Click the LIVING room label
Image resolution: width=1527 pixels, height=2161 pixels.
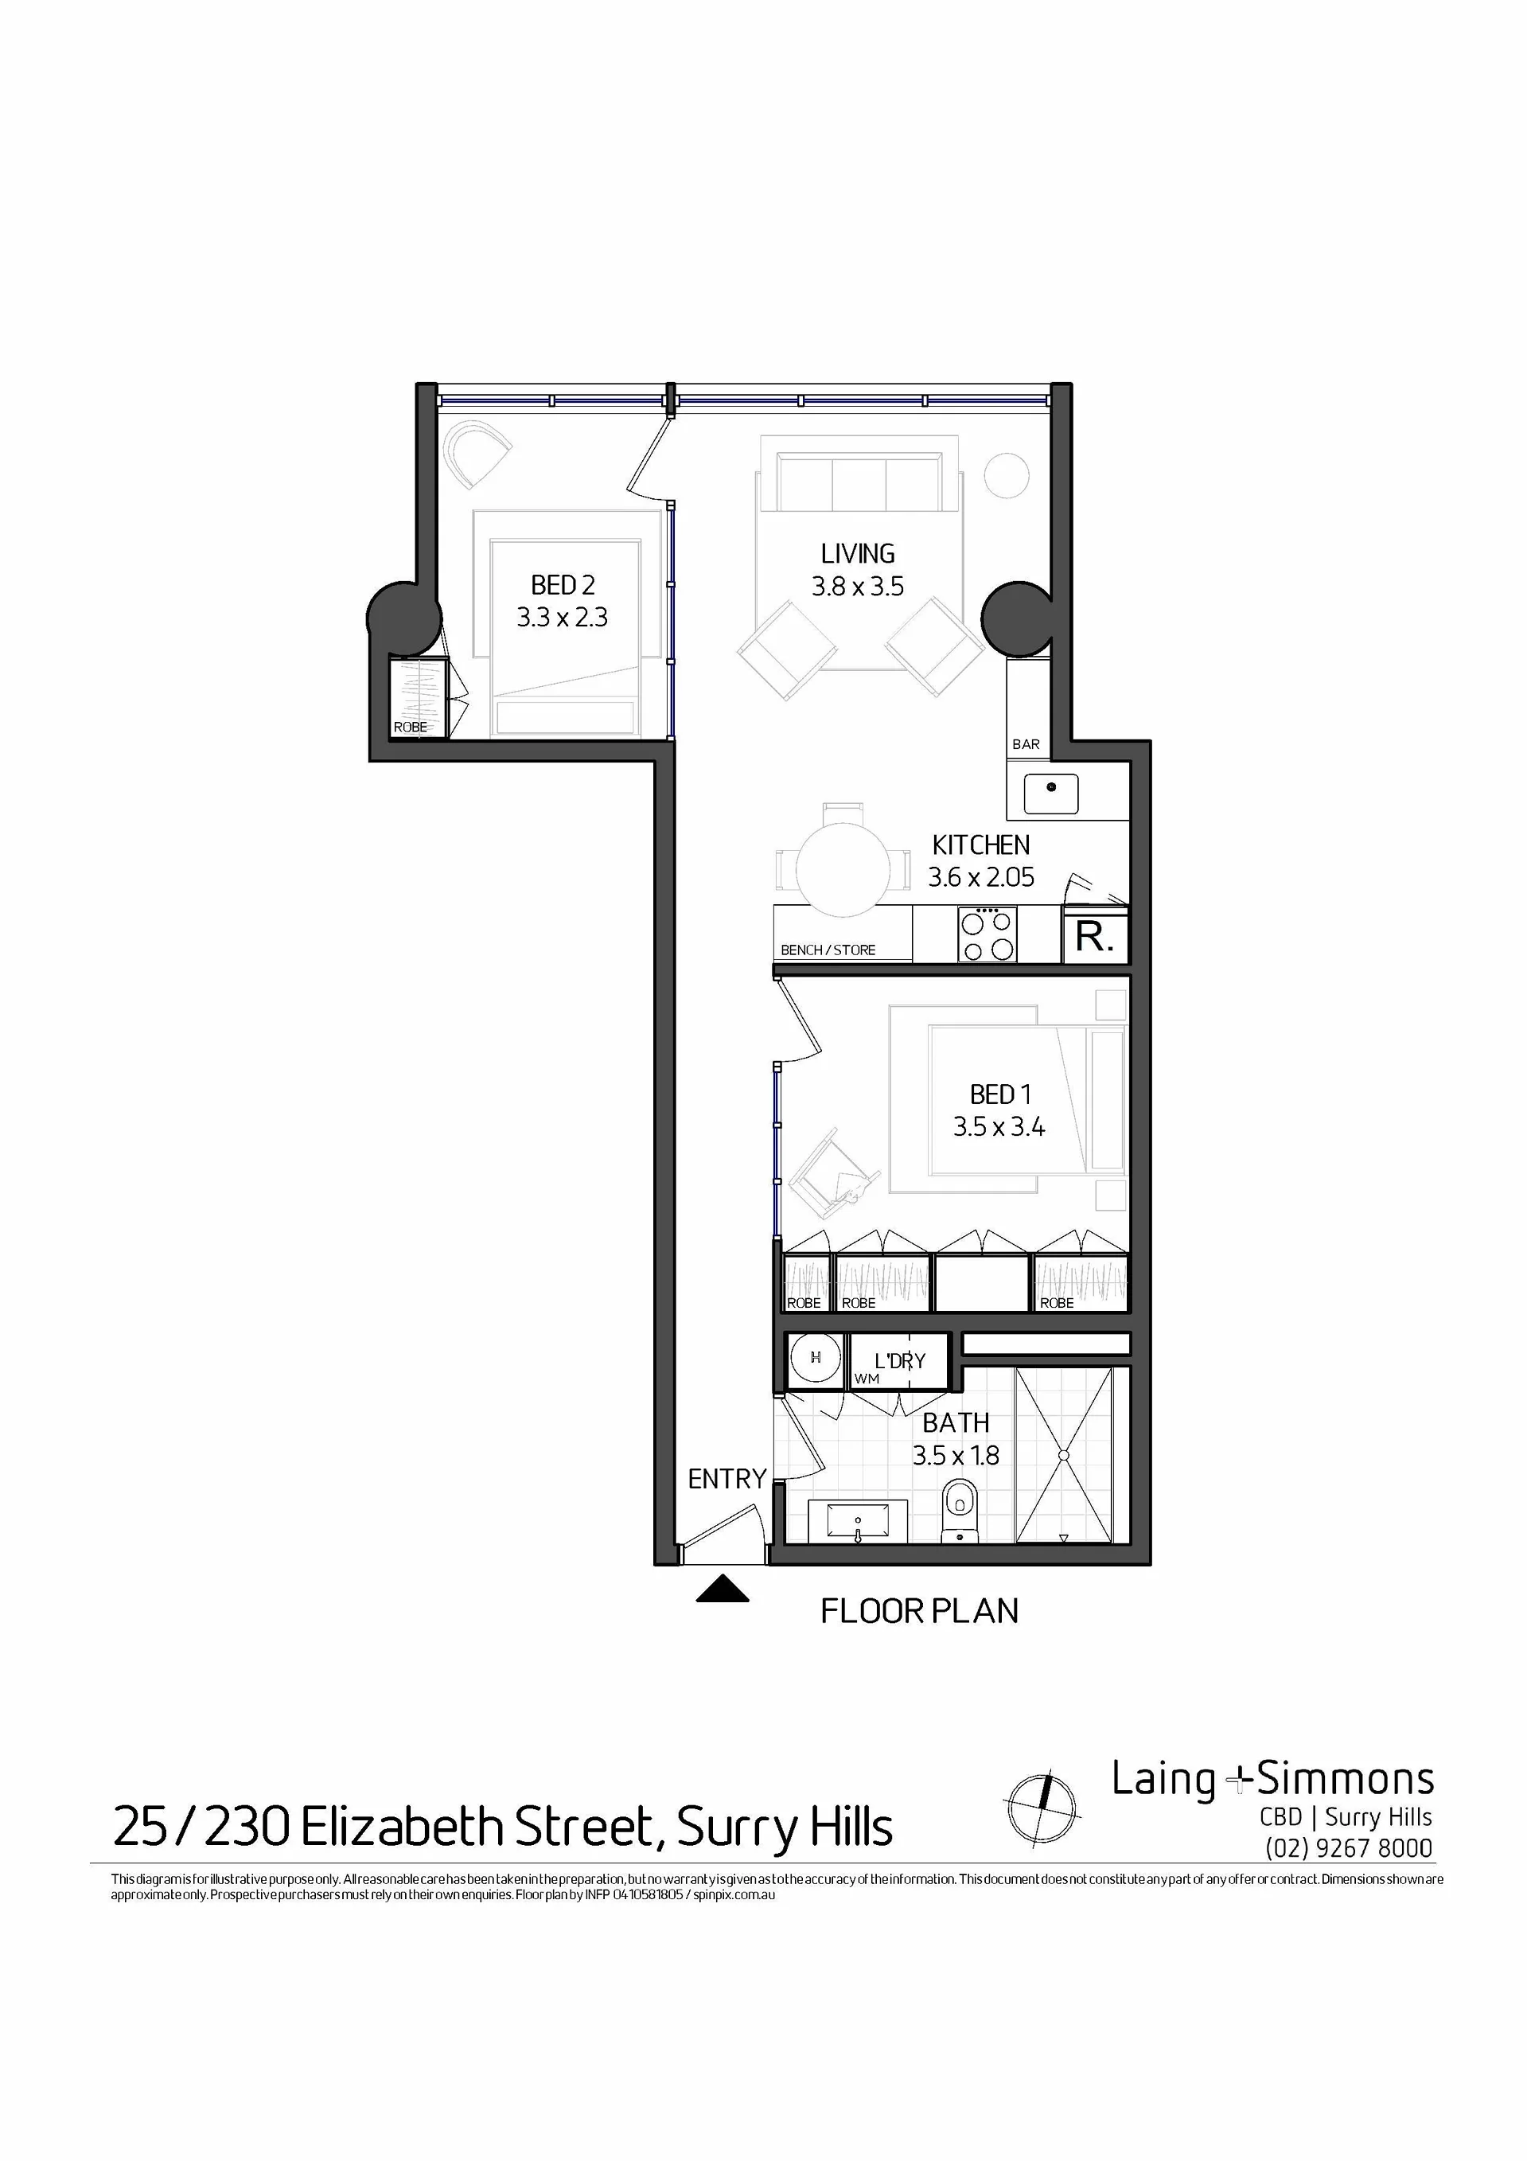click(x=857, y=553)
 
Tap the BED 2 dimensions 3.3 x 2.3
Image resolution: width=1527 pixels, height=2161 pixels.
click(x=562, y=618)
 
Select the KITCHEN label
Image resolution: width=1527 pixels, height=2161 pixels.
click(x=980, y=845)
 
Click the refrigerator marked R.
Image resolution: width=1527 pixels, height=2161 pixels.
click(x=1095, y=935)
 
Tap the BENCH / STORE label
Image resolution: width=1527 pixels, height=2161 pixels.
click(x=828, y=950)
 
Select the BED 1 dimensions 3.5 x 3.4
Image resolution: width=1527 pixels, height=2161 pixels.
click(x=999, y=1126)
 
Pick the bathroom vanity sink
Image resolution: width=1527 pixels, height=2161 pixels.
click(x=858, y=1521)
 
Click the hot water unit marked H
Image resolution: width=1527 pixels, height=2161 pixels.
click(x=815, y=1357)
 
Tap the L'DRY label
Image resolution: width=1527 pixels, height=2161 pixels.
click(x=899, y=1360)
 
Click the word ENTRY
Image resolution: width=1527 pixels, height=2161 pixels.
click(x=727, y=1480)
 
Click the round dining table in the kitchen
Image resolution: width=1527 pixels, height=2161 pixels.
click(x=843, y=868)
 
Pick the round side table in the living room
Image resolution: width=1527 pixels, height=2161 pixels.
click(x=1007, y=475)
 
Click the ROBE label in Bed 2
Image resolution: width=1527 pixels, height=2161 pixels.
click(x=411, y=727)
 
